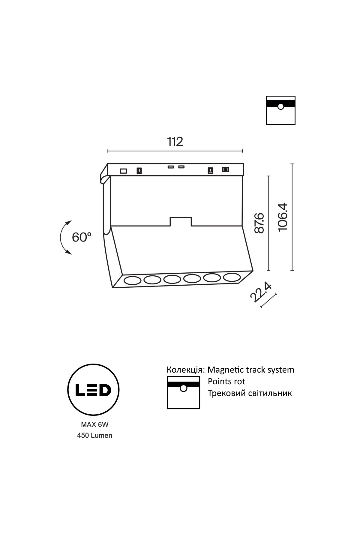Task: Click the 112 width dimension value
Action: click(x=175, y=142)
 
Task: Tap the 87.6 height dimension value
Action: click(x=259, y=223)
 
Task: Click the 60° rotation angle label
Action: click(x=82, y=237)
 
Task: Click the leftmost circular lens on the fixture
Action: click(x=132, y=281)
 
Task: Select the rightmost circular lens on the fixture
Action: click(x=232, y=277)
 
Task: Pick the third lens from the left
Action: click(x=172, y=279)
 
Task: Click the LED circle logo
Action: click(x=93, y=390)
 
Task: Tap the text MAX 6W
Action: click(x=95, y=424)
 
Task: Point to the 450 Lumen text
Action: click(x=95, y=435)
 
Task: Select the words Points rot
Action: click(x=226, y=382)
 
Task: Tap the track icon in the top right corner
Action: click(x=281, y=110)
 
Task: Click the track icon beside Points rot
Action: click(x=183, y=393)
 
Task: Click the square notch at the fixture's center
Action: click(x=181, y=221)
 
